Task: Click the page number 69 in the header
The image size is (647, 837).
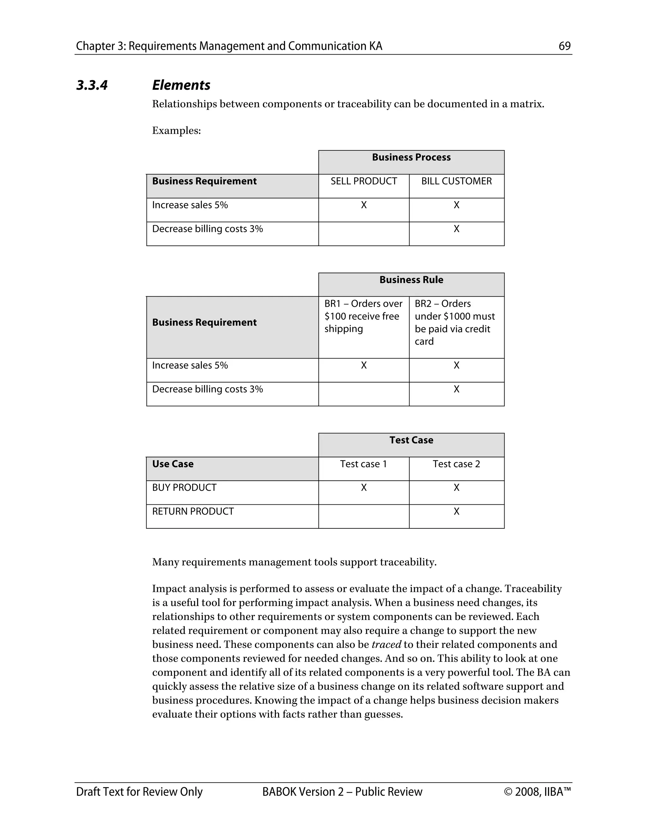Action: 564,46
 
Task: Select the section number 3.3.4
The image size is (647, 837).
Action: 92,85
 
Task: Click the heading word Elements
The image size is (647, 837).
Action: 181,85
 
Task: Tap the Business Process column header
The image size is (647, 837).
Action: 411,158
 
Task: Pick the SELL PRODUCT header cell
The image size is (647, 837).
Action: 363,181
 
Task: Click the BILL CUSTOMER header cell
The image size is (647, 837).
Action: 456,181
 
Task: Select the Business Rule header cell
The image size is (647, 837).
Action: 411,280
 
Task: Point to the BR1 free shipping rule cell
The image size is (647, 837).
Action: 363,316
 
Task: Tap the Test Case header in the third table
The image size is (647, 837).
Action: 411,440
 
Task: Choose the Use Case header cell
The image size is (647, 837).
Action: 173,464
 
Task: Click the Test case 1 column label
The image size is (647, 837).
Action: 363,464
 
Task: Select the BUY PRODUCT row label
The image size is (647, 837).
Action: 184,487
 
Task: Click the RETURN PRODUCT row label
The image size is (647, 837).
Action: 193,511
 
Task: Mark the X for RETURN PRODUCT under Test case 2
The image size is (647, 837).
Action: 456,511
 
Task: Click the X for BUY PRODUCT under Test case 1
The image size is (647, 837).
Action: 363,487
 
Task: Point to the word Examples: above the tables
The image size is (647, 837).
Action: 176,131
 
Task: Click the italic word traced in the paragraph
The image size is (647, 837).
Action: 386,644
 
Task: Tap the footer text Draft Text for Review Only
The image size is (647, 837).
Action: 139,792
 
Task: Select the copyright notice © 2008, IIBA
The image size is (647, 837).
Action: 537,792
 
